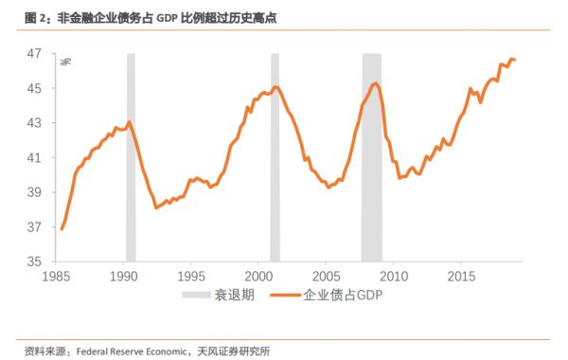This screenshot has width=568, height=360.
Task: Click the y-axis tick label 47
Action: coord(33,54)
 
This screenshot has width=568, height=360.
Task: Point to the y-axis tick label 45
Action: coord(33,89)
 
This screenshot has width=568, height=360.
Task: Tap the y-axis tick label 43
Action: coord(33,123)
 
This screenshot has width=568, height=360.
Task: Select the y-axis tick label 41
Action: coord(33,157)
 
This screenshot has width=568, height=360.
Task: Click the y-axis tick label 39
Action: coord(33,192)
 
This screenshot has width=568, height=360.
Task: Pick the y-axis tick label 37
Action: coord(33,226)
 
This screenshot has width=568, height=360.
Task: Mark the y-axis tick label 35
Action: coord(33,261)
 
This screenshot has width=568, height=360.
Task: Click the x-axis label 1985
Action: coord(56,277)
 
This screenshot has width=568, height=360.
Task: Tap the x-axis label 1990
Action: coord(124,277)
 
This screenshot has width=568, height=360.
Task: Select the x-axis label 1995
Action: coord(191,277)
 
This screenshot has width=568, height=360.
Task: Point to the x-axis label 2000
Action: coord(258,277)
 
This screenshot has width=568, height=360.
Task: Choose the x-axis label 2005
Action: coord(326,277)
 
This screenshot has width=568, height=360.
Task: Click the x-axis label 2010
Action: coord(394,277)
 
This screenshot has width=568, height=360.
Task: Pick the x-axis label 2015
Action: coord(461,277)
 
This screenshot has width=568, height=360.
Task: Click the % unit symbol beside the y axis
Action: coord(66,63)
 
